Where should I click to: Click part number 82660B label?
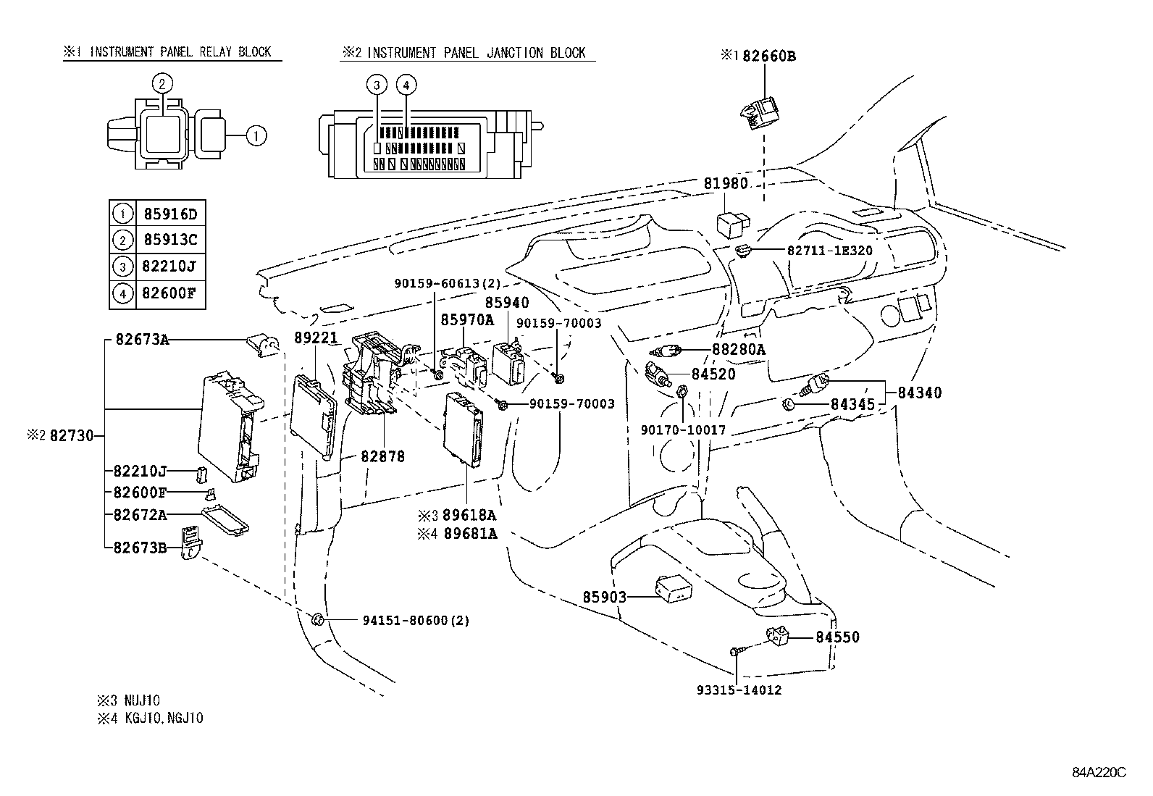[x=768, y=56]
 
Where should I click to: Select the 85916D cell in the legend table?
[x=169, y=214]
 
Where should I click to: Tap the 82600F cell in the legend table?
[x=169, y=294]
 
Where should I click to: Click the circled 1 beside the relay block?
[x=256, y=135]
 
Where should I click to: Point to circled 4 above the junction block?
[x=406, y=85]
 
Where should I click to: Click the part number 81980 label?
[x=726, y=184]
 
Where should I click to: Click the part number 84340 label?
[x=920, y=393]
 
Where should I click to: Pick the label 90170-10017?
[x=683, y=430]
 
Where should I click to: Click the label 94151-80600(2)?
[x=415, y=621]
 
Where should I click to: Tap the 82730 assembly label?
[x=72, y=436]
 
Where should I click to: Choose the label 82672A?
[x=140, y=515]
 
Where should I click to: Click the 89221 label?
[x=316, y=338]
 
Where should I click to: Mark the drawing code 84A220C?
[x=1099, y=772]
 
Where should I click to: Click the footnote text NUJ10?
[x=142, y=700]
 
